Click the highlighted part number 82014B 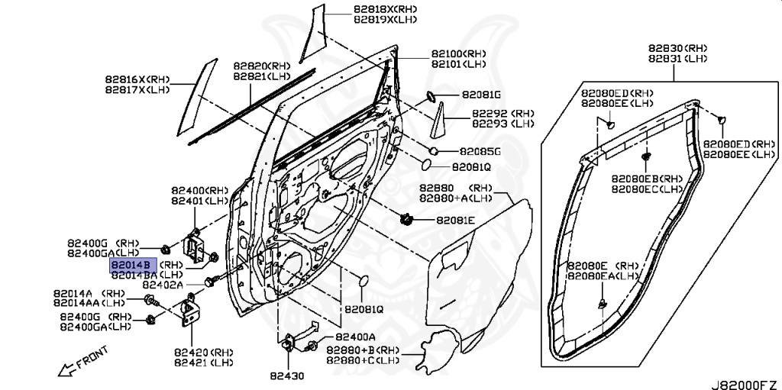[133, 265]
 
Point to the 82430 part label [287, 375]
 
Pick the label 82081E [456, 220]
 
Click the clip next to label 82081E [407, 220]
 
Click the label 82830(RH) [678, 48]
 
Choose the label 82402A [163, 285]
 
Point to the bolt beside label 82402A [212, 282]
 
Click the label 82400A [355, 337]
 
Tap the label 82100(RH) [458, 53]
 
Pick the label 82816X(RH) [137, 79]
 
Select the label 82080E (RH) [603, 265]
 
